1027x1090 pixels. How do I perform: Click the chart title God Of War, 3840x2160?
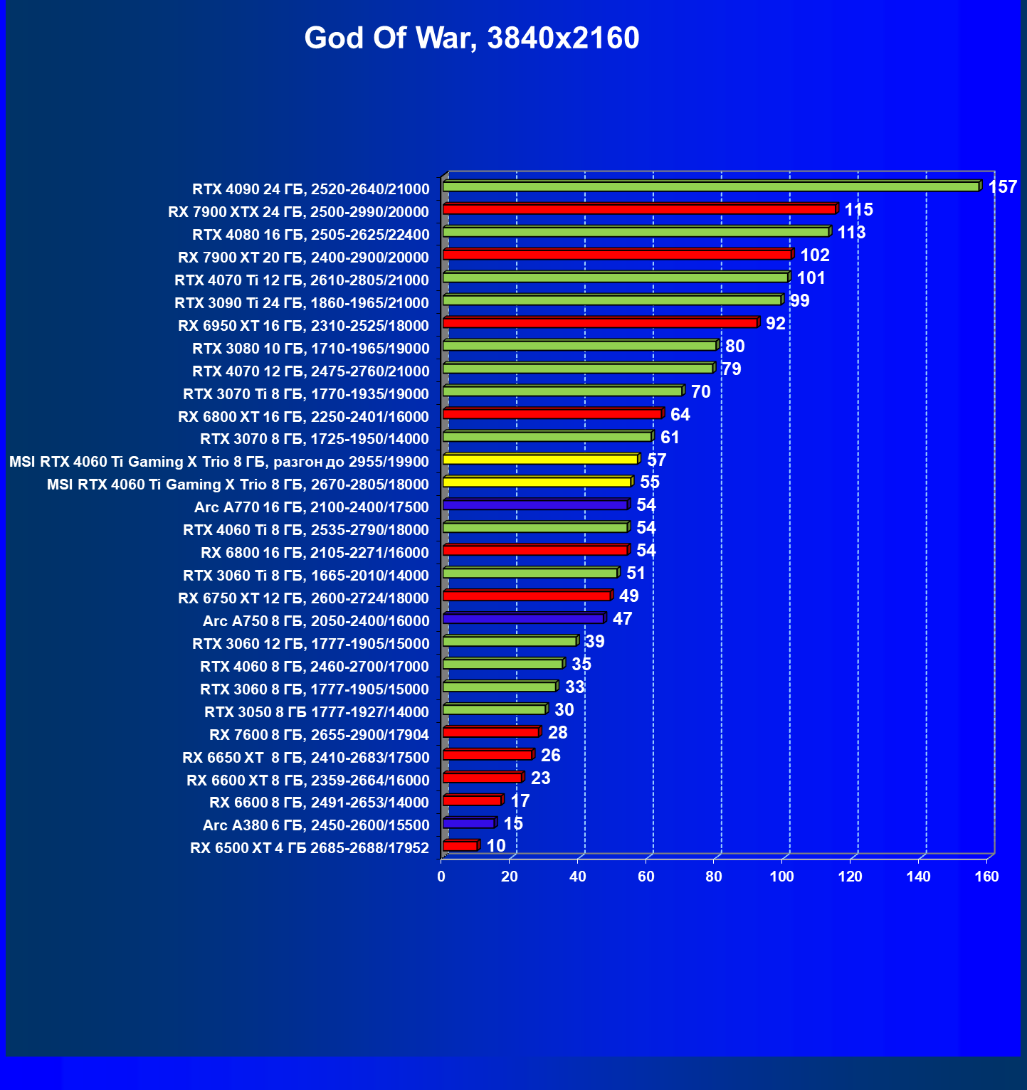[x=472, y=38]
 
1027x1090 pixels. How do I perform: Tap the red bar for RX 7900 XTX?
[x=638, y=209]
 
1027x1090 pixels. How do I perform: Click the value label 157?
[x=1002, y=187]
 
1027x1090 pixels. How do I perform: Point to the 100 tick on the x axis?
[x=782, y=877]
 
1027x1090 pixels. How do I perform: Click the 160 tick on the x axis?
[x=987, y=877]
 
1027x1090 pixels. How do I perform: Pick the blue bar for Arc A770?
[x=535, y=504]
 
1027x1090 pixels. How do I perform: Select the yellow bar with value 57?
[x=540, y=459]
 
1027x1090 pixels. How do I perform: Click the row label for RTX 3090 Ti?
[x=302, y=303]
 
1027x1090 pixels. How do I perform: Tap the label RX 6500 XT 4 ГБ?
[x=310, y=848]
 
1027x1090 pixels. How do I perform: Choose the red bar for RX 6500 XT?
[x=460, y=846]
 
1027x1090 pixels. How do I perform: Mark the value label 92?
[x=775, y=324]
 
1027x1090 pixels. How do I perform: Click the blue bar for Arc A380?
[x=468, y=823]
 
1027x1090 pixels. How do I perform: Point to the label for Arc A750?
[x=316, y=621]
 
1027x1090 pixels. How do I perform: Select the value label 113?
[x=851, y=233]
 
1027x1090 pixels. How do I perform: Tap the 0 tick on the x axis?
[x=441, y=877]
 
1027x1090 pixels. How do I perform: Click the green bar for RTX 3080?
[x=579, y=346]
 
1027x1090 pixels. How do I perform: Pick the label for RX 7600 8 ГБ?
[x=319, y=734]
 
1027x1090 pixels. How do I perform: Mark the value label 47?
[x=622, y=619]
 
